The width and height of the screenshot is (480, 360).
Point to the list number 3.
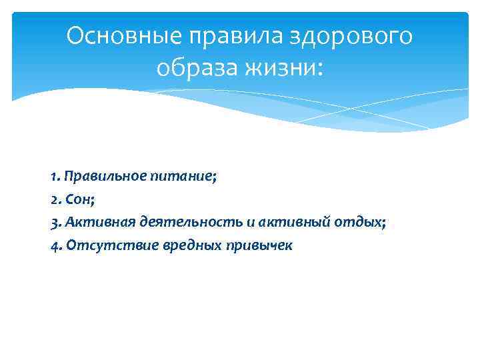click(x=53, y=222)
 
